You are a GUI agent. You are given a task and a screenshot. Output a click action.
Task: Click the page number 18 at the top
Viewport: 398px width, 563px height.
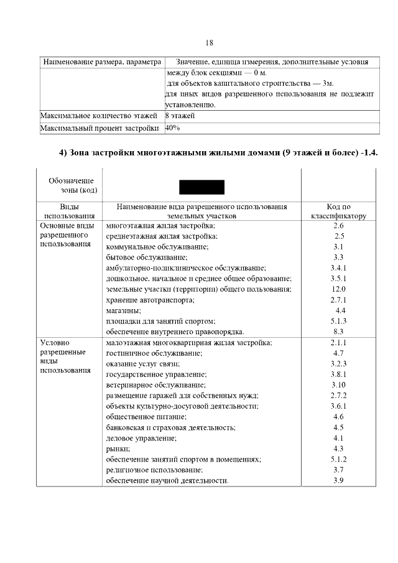tap(209, 42)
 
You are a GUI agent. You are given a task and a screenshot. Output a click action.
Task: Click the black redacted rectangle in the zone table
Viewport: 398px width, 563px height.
tap(201, 187)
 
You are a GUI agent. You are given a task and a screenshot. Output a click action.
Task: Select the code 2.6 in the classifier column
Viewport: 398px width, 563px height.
tap(339, 225)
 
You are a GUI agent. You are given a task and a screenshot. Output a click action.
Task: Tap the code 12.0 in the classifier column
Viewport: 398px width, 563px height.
tap(339, 289)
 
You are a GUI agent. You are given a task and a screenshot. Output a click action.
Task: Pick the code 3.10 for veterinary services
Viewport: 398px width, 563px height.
tap(339, 385)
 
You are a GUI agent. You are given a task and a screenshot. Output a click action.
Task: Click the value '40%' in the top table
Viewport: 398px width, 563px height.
tap(173, 128)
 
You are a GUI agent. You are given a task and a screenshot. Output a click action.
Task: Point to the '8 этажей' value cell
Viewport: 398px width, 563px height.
tap(180, 116)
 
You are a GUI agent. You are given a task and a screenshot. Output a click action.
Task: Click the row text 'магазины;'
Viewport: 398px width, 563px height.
tap(124, 310)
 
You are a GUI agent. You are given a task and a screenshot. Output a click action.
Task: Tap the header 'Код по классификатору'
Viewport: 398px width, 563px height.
tap(339, 211)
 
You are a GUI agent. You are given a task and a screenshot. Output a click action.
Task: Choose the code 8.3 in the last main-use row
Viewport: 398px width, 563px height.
tap(339, 332)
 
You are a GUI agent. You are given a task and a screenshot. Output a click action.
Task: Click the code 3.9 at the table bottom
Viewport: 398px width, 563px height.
tap(339, 480)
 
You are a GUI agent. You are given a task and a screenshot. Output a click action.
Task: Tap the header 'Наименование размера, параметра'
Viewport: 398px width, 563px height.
tap(101, 62)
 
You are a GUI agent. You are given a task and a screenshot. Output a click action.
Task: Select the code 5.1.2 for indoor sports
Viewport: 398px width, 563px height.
tap(339, 459)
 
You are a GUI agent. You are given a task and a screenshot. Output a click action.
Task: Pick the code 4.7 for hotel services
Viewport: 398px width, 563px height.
tap(339, 353)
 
